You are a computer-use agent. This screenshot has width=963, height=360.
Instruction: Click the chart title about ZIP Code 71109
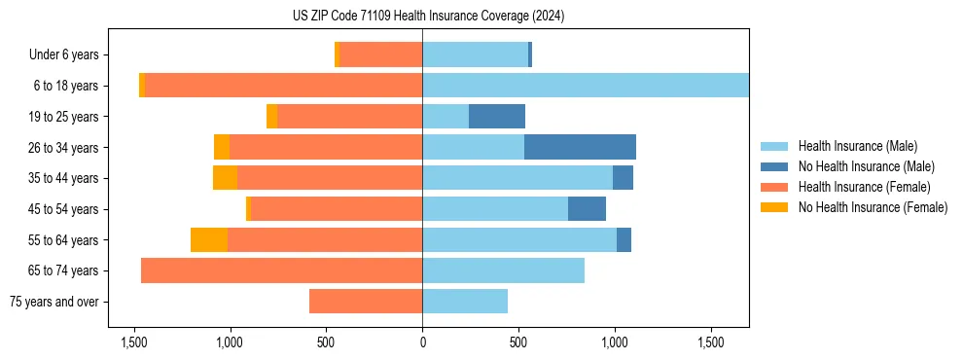coord(428,17)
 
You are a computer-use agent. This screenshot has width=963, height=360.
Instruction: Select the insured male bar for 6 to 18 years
coord(585,86)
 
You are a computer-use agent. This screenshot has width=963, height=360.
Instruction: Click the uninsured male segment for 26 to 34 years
coord(580,147)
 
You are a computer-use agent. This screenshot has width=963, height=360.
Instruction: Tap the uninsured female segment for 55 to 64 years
coord(209,239)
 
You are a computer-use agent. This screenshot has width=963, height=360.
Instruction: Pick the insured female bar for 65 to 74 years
coord(281,270)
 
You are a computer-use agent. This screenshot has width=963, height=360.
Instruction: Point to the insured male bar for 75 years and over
coord(465,302)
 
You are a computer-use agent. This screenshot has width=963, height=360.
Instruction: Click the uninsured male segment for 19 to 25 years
coord(497,117)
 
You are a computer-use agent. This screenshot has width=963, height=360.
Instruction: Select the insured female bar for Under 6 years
coord(381,54)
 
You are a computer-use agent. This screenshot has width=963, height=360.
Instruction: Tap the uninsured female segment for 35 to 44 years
coord(225,178)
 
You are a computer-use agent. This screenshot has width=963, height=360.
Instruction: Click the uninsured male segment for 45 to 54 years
coord(587,209)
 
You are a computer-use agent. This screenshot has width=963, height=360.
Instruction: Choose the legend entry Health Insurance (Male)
coord(857,146)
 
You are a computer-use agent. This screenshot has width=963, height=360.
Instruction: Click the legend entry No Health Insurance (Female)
coord(873,207)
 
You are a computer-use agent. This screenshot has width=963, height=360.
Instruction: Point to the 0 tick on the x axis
coord(422,343)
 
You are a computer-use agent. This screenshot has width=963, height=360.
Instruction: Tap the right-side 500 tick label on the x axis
coord(518,343)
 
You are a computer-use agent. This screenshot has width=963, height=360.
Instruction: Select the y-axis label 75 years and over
coord(53,302)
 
